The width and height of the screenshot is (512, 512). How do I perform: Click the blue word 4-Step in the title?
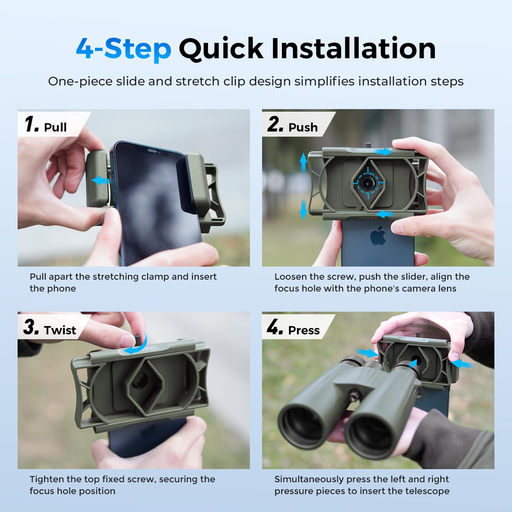[124, 49]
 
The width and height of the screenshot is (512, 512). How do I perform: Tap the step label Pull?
[55, 127]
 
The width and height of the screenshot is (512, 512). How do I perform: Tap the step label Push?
[303, 127]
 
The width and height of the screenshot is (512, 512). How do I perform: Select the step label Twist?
[60, 330]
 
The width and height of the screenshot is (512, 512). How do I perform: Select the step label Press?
[304, 330]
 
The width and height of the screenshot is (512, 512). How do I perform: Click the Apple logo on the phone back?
[378, 236]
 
